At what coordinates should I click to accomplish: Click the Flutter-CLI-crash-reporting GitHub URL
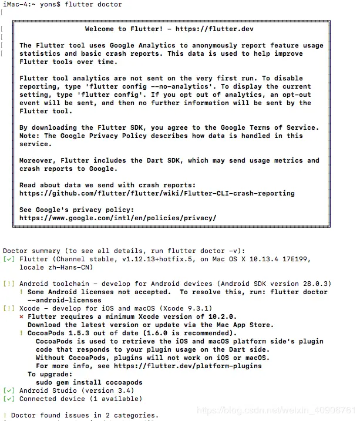point(157,193)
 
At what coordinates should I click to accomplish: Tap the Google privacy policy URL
point(117,218)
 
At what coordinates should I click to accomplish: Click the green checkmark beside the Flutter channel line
point(9,259)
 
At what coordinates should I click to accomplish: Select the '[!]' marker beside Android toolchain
point(9,284)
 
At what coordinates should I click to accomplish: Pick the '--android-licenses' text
point(56,300)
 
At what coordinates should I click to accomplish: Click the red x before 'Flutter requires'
point(22,316)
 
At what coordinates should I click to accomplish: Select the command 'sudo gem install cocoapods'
point(89,382)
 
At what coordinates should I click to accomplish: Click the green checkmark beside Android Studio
point(9,390)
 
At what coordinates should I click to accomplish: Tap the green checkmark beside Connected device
point(9,399)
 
